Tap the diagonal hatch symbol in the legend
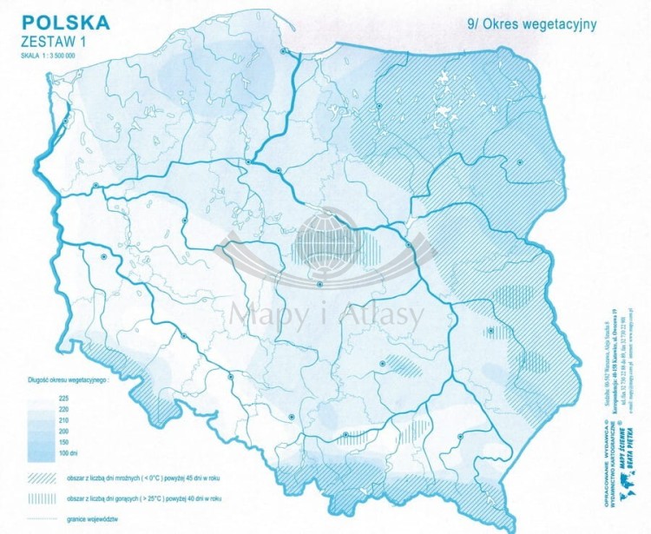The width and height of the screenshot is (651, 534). coord(43,477)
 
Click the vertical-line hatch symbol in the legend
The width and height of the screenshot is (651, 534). coord(43,498)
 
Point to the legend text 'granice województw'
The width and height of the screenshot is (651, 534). coord(93,518)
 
